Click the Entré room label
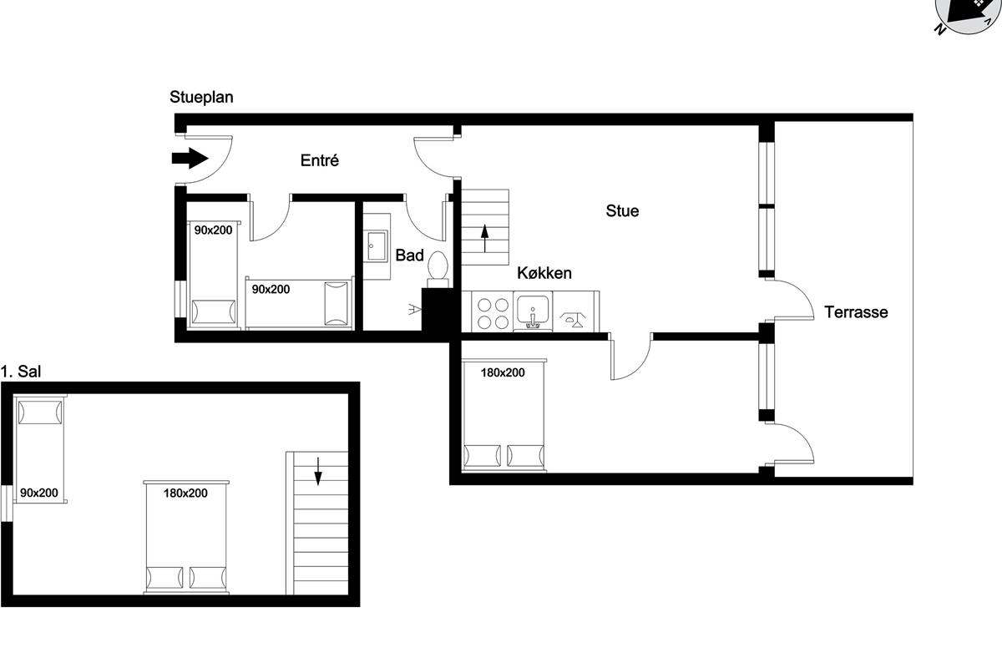pyautogui.click(x=319, y=160)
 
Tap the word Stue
pyautogui.click(x=622, y=210)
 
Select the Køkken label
pyautogui.click(x=544, y=273)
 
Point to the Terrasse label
pyautogui.click(x=856, y=311)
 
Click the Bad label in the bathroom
pyautogui.click(x=409, y=255)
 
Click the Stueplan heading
pyautogui.click(x=201, y=97)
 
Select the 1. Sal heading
pyautogui.click(x=21, y=372)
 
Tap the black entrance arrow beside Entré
pyautogui.click(x=190, y=158)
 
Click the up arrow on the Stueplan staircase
pyautogui.click(x=485, y=238)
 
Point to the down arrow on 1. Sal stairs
pyautogui.click(x=318, y=471)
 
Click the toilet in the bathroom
pyautogui.click(x=438, y=269)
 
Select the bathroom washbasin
pyautogui.click(x=377, y=246)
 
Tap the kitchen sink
pyautogui.click(x=533, y=311)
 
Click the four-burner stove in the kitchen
pyautogui.click(x=493, y=313)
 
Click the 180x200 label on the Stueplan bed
pyautogui.click(x=503, y=372)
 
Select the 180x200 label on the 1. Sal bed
pyautogui.click(x=185, y=493)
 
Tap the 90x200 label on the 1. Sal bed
pyautogui.click(x=39, y=493)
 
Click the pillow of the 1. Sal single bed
pyautogui.click(x=40, y=412)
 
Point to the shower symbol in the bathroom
pyautogui.click(x=415, y=309)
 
